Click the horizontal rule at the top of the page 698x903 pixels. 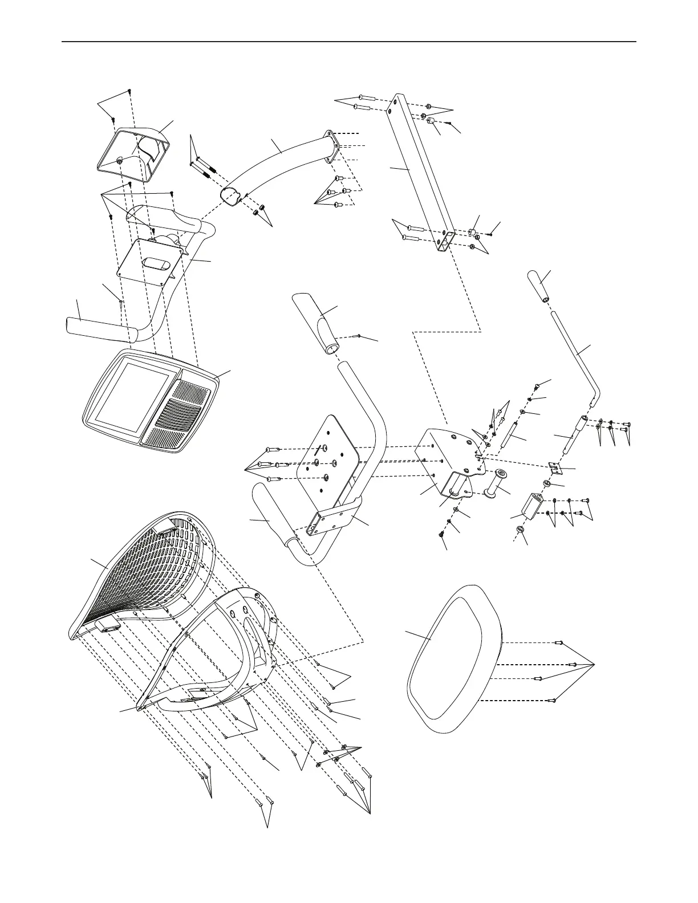[x=348, y=42]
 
